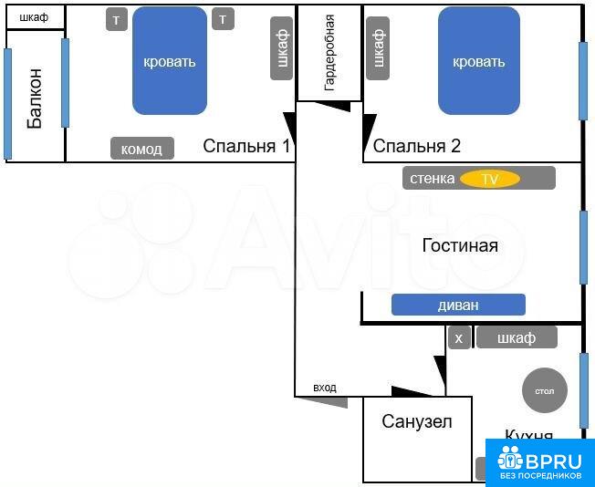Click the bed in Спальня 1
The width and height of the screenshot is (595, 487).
pos(170,61)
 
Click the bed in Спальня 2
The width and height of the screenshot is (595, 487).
pos(478,61)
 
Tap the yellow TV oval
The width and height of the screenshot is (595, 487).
pos(490,179)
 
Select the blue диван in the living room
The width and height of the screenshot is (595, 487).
pos(458,305)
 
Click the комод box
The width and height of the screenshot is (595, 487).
pos(141,149)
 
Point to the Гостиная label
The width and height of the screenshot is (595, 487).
pos(460,245)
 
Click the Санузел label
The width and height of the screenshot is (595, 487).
pos(417,421)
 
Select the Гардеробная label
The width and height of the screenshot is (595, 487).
pos(329,54)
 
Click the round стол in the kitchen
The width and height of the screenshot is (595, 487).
pos(544,391)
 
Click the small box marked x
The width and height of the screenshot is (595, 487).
pos(459,337)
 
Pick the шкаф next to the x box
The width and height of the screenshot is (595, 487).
pos(517,337)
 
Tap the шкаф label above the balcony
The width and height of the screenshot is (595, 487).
pos(34,17)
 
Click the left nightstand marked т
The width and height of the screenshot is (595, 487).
pos(117,19)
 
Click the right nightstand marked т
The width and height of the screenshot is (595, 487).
pos(223,19)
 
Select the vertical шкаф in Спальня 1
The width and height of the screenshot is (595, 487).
pos(282,48)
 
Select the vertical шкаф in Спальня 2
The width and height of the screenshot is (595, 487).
pos(377,48)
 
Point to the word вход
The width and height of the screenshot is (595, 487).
pos(324,388)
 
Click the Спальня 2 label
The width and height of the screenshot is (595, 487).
pos(417,146)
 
